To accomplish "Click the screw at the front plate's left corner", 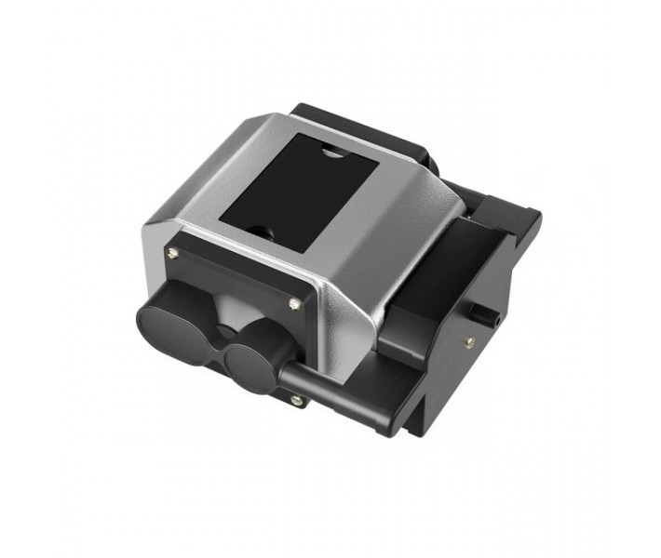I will pyautogui.click(x=169, y=251).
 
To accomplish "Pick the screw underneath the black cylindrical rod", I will pyautogui.click(x=296, y=400).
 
